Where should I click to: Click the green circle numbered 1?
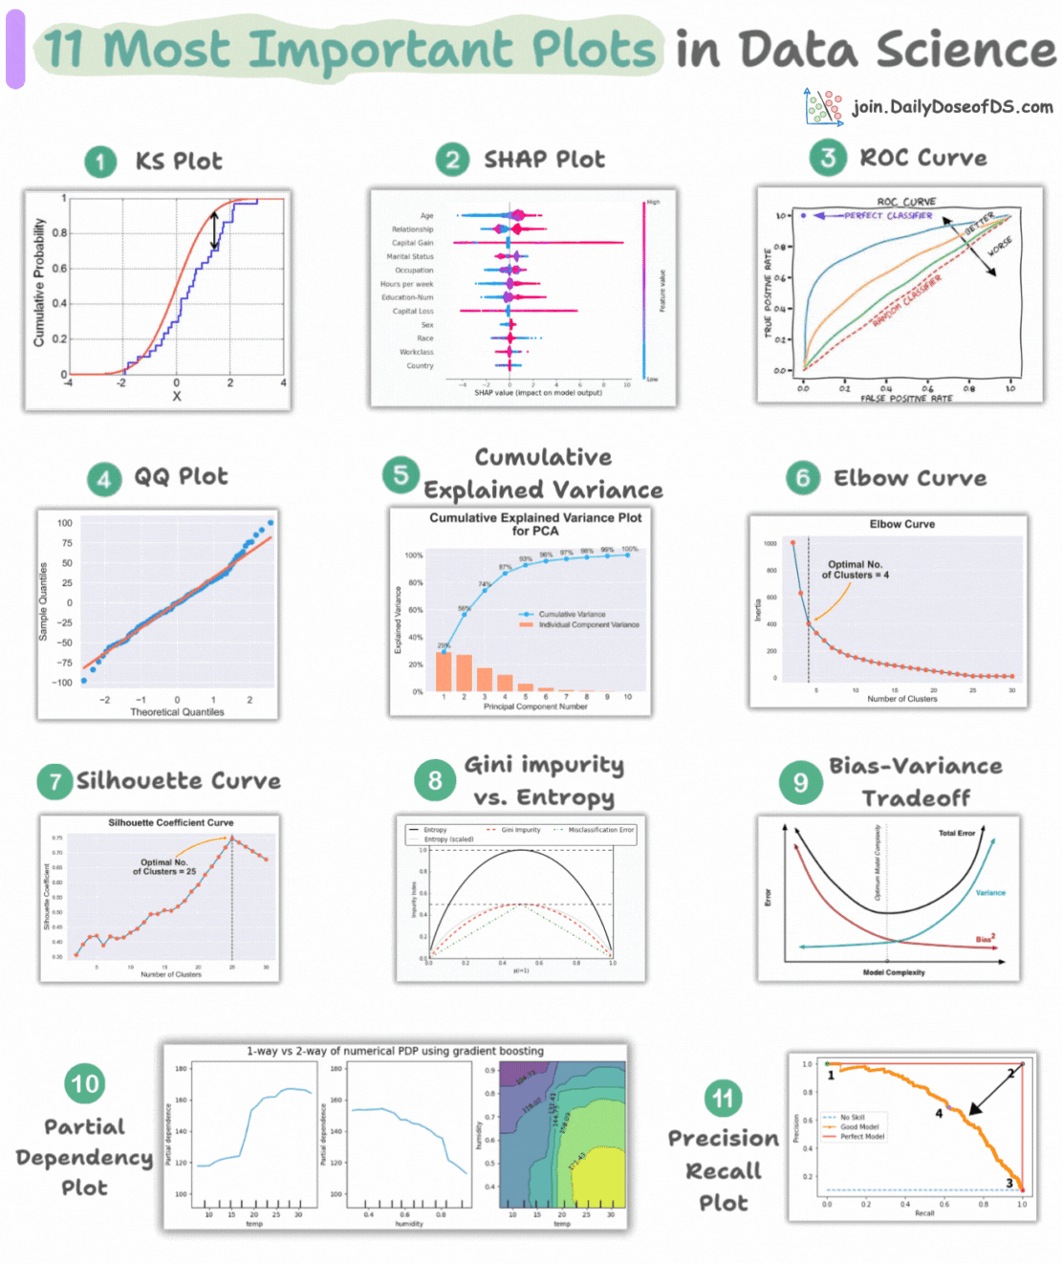tap(99, 162)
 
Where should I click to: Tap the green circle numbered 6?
tap(803, 478)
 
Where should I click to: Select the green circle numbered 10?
tap(84, 1083)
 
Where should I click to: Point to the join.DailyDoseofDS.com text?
tap(952, 107)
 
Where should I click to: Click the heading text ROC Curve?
tap(923, 158)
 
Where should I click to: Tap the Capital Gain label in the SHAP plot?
tap(412, 243)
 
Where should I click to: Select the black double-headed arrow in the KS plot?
tap(214, 230)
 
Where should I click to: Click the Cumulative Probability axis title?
tap(39, 282)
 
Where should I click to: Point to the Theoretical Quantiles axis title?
tap(177, 712)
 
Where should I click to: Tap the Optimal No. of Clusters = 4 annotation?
tap(856, 570)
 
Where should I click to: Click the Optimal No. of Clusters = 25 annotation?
tap(164, 866)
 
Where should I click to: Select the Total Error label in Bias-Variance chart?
tap(956, 833)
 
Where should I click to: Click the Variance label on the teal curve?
tap(990, 892)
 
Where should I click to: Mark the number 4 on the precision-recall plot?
tap(939, 1113)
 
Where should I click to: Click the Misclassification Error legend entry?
tap(600, 830)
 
